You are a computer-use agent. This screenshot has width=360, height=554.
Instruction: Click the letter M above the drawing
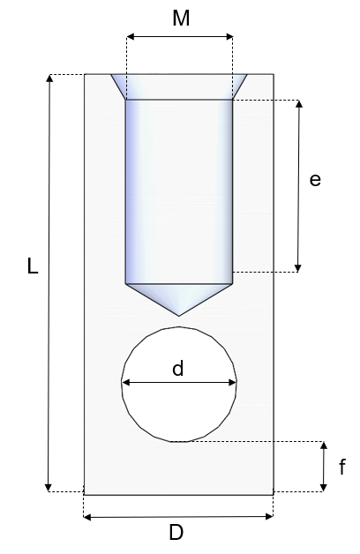point(181,18)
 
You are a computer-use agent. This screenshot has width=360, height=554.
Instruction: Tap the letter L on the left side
point(33,266)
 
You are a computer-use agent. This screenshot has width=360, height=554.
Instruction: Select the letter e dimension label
point(315,180)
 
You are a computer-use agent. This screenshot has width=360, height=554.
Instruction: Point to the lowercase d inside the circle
point(178,368)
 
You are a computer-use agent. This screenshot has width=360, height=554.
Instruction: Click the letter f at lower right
point(341,467)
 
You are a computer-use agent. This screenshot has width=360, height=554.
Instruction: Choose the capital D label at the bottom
point(176,532)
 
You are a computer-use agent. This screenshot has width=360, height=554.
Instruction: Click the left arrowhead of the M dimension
point(131,36)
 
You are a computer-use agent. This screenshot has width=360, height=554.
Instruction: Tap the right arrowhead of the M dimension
point(229,36)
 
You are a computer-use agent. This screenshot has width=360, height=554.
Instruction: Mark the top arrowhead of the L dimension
point(49,79)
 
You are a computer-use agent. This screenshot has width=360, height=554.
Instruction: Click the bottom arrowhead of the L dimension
point(49,487)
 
